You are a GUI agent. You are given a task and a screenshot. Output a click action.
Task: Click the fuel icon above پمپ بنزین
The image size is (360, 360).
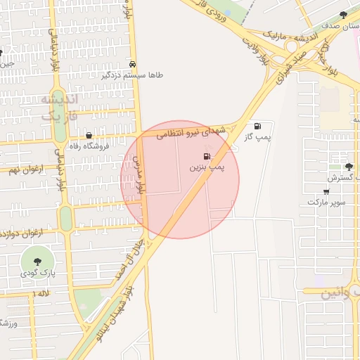coord(207,156)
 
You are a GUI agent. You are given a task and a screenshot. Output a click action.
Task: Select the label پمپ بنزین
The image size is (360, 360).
coord(207,168)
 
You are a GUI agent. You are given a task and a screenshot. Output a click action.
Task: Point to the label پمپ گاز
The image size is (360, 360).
coord(258,136)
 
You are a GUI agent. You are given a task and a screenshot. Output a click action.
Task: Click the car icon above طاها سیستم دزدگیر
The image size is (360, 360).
coord(134,62)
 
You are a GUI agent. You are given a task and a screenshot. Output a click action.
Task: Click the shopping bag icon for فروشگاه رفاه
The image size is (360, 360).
coord(89,135)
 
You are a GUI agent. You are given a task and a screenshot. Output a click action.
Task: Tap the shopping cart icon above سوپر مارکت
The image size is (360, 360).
coord(327,191)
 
